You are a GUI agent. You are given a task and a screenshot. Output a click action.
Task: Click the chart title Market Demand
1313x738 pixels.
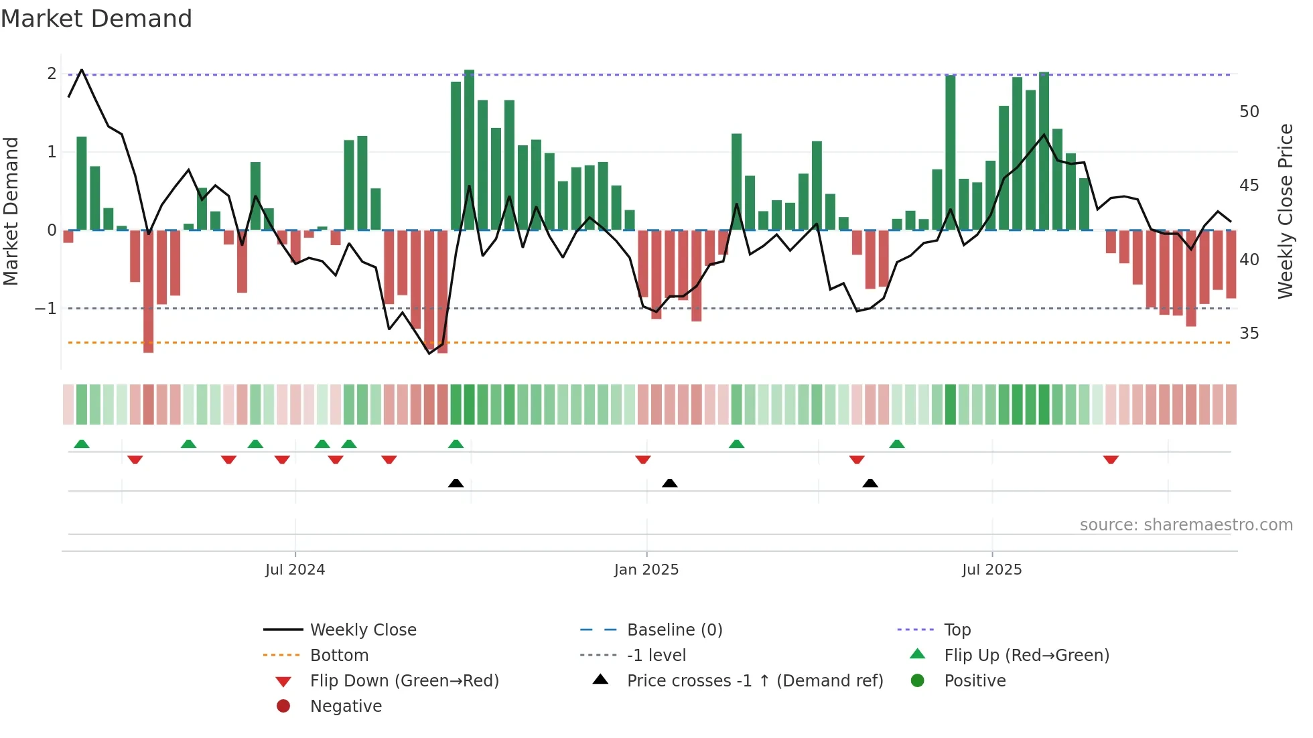tap(96, 19)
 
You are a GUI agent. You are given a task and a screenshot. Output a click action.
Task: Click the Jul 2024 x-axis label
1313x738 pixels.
tap(295, 570)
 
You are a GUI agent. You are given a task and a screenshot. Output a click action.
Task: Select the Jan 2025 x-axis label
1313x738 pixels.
tap(646, 570)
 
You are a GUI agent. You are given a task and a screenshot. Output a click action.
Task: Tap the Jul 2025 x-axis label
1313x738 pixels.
tap(991, 570)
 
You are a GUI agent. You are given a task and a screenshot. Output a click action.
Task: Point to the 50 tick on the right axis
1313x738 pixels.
tap(1249, 112)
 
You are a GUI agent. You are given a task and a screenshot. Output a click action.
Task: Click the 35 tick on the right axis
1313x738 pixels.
tap(1249, 334)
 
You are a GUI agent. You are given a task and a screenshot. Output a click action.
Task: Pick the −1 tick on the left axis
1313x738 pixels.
tap(46, 309)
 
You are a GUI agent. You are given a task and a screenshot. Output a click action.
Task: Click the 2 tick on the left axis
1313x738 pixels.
tap(52, 74)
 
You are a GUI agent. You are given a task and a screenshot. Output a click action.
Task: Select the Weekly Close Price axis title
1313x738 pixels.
tap(1285, 211)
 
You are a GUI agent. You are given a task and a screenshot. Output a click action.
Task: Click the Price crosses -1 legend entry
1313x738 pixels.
tap(754, 681)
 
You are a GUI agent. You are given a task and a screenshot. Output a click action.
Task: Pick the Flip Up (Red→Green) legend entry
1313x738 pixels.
tap(1026, 656)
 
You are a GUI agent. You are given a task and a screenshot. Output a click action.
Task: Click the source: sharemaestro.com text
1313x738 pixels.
tap(1186, 525)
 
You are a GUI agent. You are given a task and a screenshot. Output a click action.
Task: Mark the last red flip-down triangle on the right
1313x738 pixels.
tap(1111, 460)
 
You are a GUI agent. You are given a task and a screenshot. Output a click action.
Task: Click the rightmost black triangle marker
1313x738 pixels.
tap(870, 483)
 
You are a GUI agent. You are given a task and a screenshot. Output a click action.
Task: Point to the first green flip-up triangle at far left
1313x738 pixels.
tap(81, 444)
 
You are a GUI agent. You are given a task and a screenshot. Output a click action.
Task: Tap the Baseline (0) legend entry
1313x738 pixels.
tap(674, 630)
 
